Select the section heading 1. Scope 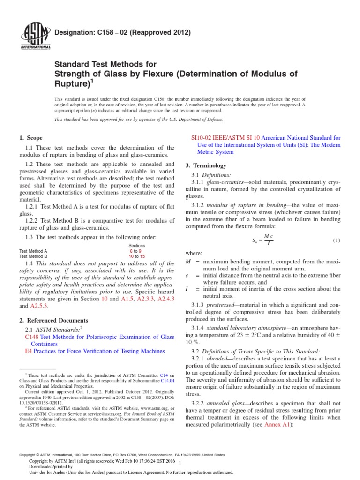click(x=30, y=138)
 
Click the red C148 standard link click(x=31, y=337)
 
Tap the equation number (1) click(x=336, y=240)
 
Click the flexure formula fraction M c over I click(x=268, y=240)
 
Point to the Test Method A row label click(x=33, y=251)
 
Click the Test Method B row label click(x=33, y=256)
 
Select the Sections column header click(x=136, y=246)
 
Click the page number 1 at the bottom click(x=180, y=463)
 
